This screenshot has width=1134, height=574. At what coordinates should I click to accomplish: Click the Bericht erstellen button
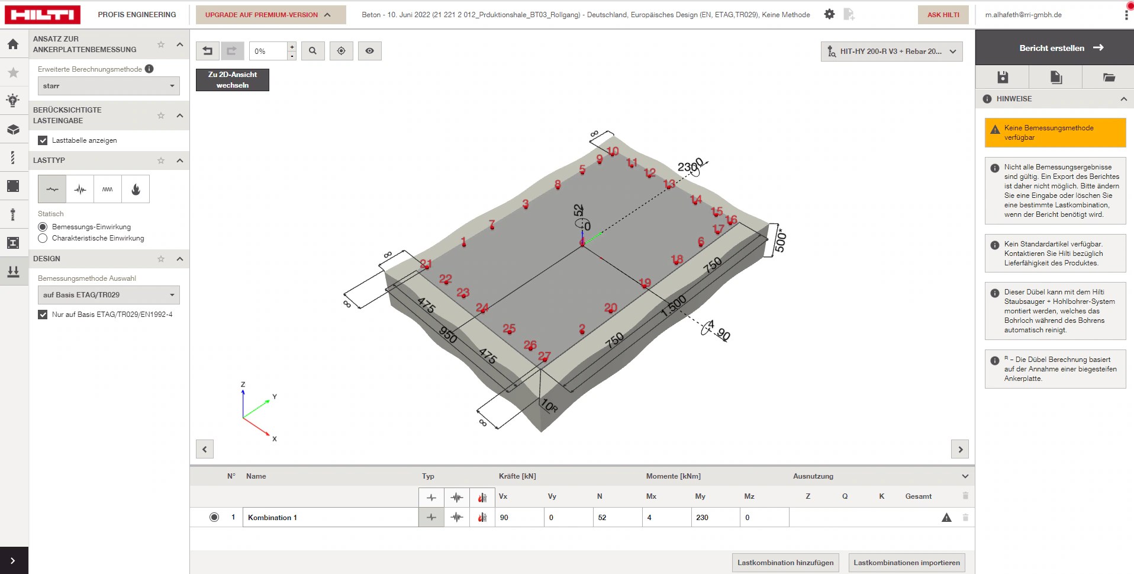click(1055, 48)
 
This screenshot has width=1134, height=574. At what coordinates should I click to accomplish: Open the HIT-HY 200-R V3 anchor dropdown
click(891, 52)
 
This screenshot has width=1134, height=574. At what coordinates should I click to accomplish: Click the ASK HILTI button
click(943, 15)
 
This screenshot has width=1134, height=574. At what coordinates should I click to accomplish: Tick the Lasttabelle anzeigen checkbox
click(43, 140)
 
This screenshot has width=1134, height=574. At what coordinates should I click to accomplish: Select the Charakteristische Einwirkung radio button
click(43, 238)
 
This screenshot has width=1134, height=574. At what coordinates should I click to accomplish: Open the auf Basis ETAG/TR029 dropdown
click(108, 295)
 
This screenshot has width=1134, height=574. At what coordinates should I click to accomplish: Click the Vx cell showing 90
click(519, 517)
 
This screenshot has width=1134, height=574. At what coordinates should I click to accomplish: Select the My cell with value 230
click(715, 517)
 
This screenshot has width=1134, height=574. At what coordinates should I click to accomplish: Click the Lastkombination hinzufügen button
click(785, 563)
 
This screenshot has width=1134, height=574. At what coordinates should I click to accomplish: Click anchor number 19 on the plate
click(645, 283)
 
